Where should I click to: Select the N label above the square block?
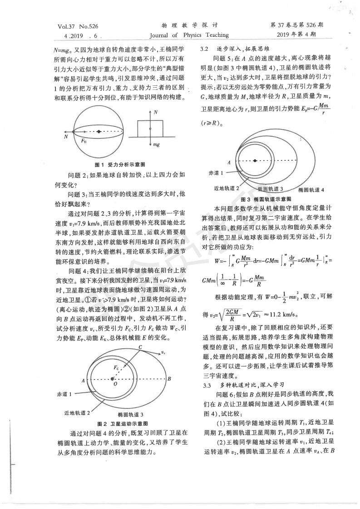(x=156, y=112)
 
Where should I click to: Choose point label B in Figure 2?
(x=169, y=378)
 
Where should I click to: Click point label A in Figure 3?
(x=229, y=162)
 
